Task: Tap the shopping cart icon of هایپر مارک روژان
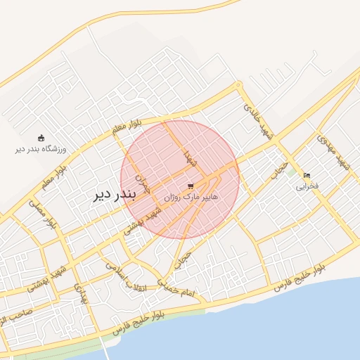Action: click(x=191, y=186)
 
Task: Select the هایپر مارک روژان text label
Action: click(x=191, y=198)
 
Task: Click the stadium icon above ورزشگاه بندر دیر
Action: click(x=41, y=138)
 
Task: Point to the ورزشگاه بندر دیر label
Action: click(x=41, y=149)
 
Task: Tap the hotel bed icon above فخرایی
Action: click(x=307, y=175)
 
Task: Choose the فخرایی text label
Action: click(x=307, y=186)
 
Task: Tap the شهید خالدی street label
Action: click(x=257, y=120)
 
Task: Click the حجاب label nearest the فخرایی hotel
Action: click(x=281, y=169)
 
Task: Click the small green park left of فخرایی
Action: click(x=291, y=172)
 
